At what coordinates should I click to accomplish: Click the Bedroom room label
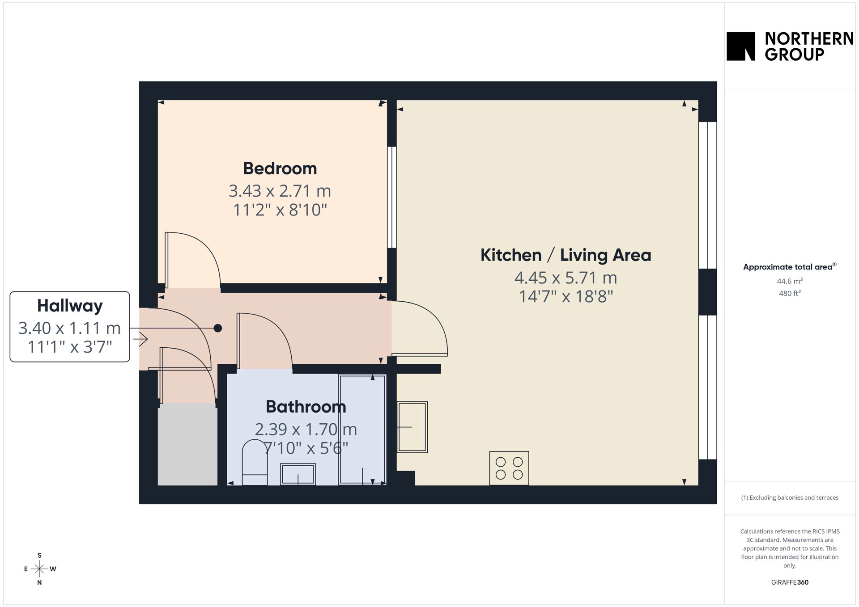tap(280, 169)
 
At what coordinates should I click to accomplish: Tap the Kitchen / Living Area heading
tap(566, 255)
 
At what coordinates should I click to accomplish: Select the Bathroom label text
tap(306, 407)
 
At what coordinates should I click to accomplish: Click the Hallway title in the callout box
tap(70, 306)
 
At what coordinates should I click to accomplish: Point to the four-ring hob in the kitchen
tap(509, 468)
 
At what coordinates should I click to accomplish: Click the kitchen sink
tap(412, 427)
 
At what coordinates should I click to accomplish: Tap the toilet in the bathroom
tap(255, 462)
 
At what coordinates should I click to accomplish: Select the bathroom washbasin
tap(298, 474)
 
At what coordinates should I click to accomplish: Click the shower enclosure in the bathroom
tap(362, 430)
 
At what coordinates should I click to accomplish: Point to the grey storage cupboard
tap(187, 444)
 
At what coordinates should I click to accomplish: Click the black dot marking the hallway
tap(218, 328)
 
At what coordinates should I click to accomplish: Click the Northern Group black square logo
tap(741, 46)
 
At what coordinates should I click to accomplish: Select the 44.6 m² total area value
tap(790, 281)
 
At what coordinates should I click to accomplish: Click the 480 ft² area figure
tap(790, 293)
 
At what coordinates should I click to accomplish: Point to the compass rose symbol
tap(40, 569)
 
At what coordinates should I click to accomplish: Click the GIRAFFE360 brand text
tap(790, 582)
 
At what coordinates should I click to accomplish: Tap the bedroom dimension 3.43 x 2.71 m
tap(280, 191)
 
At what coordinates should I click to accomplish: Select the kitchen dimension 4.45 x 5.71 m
tap(566, 278)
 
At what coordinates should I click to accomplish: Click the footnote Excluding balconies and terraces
tap(790, 497)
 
